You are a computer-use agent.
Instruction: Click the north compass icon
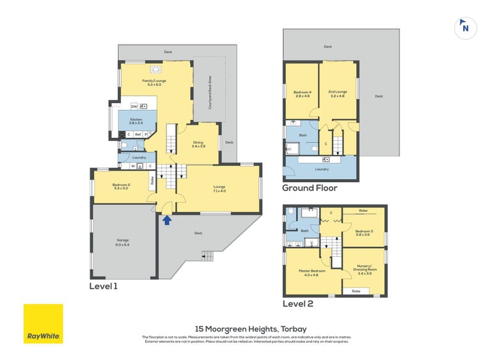pyautogui.click(x=466, y=27)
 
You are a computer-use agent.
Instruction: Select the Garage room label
pyautogui.click(x=122, y=242)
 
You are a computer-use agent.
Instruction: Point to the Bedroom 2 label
pyautogui.click(x=121, y=186)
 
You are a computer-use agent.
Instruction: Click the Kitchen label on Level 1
pyautogui.click(x=136, y=122)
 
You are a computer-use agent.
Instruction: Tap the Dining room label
pyautogui.click(x=198, y=144)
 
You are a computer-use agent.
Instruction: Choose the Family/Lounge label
pyautogui.click(x=154, y=82)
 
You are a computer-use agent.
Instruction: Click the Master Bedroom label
pyautogui.click(x=311, y=273)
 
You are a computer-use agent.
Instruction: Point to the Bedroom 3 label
pyautogui.click(x=363, y=232)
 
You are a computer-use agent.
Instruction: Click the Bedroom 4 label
pyautogui.click(x=302, y=94)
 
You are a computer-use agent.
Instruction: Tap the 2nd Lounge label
pyautogui.click(x=338, y=94)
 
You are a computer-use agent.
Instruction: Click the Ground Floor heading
pyautogui.click(x=309, y=188)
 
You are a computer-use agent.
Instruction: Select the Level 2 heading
pyautogui.click(x=298, y=304)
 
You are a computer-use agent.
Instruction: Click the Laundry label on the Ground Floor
pyautogui.click(x=321, y=169)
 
